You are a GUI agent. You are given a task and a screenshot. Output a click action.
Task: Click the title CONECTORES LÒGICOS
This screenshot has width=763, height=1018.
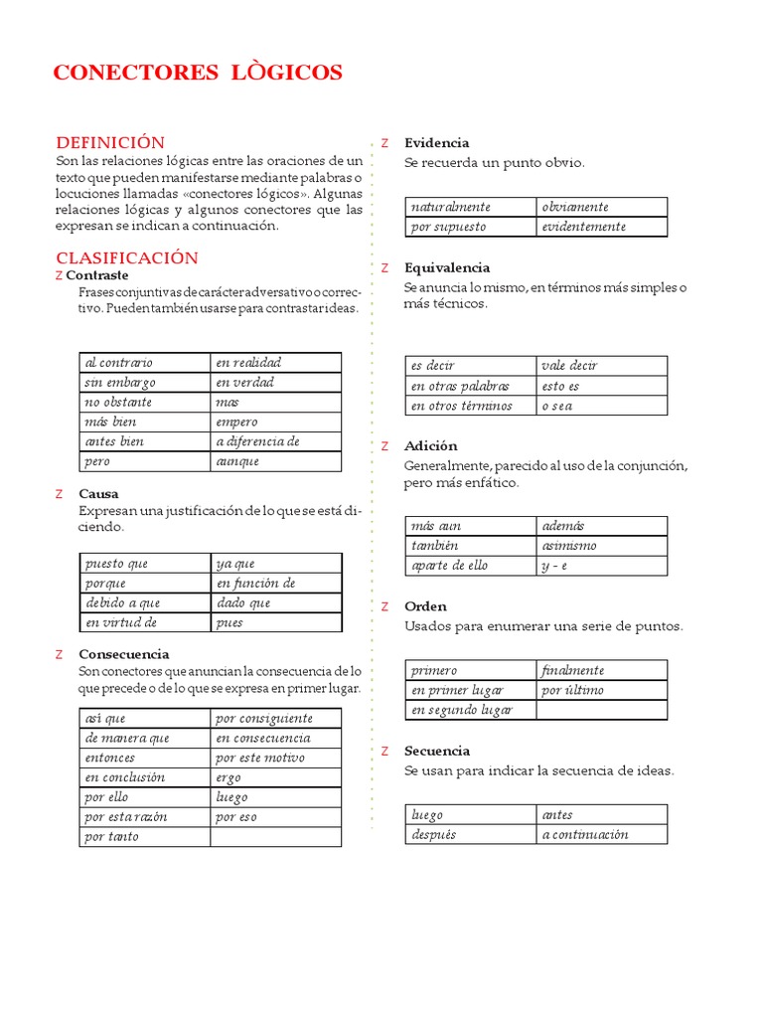[x=197, y=73]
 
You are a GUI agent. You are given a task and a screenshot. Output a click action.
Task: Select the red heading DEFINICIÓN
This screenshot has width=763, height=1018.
[x=110, y=142]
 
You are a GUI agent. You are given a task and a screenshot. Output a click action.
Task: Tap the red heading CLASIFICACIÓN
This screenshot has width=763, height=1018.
[x=127, y=257]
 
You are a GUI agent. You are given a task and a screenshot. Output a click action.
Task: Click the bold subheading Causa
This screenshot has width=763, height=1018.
[x=98, y=493]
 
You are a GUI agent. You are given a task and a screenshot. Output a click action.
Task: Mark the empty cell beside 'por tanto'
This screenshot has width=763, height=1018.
[x=275, y=836]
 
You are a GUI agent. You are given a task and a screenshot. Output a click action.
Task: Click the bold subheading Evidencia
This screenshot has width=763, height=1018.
[x=436, y=142]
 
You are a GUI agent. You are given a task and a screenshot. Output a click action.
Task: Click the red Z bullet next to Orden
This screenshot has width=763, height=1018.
[x=384, y=606]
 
